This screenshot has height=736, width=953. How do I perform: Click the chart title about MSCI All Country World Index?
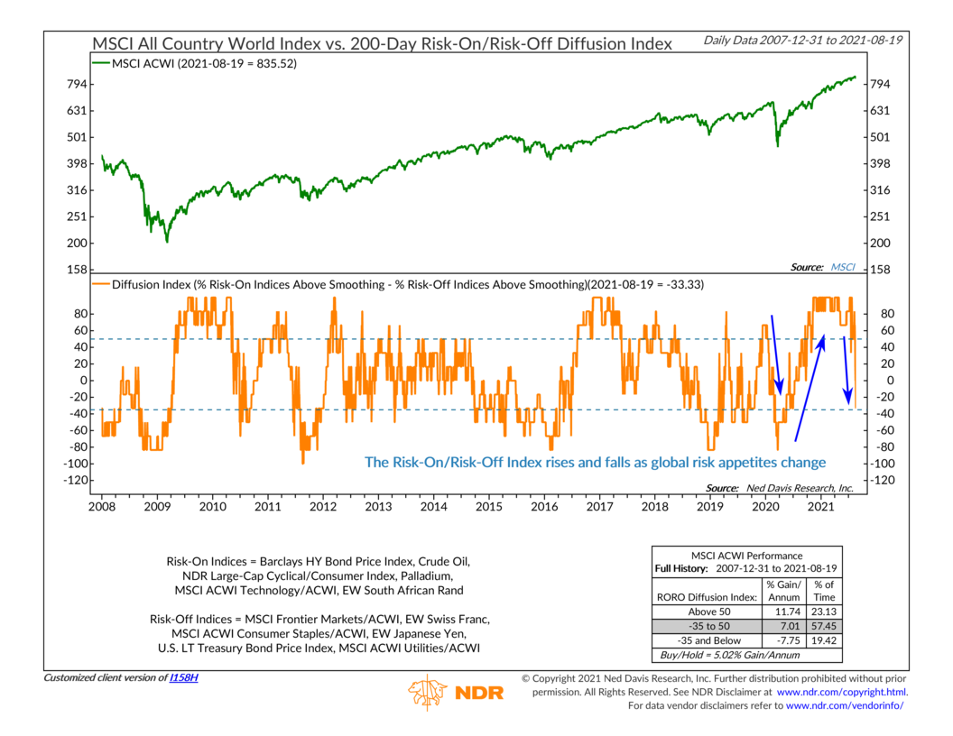(x=382, y=43)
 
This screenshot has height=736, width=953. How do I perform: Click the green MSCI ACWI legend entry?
(x=196, y=64)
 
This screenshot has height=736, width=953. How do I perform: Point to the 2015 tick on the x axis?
(x=488, y=508)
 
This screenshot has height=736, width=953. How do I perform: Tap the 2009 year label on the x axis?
(x=157, y=508)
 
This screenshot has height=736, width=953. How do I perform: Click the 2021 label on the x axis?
(x=819, y=508)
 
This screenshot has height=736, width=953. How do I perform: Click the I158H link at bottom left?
(x=184, y=677)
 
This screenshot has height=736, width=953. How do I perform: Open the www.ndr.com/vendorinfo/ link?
(x=845, y=704)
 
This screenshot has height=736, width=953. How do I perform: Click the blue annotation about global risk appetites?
(x=595, y=462)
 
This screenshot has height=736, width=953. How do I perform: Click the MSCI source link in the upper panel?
(x=843, y=267)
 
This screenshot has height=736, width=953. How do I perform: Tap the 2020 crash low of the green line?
(x=778, y=145)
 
